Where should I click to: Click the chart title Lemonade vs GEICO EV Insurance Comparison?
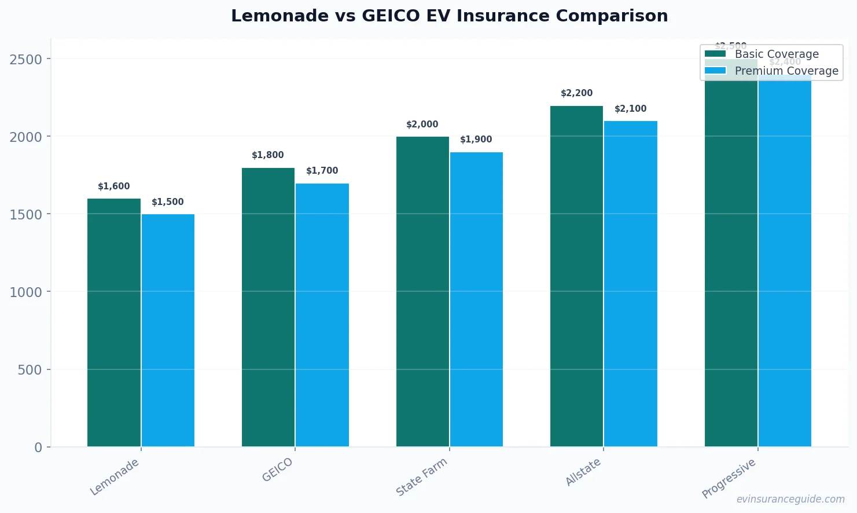449,16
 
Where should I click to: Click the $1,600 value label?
114,186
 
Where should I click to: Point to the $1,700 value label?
322,171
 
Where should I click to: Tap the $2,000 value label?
422,124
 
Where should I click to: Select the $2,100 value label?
630,109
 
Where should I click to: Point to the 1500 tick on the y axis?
26,214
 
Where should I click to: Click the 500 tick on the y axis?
30,369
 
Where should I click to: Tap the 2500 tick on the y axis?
26,59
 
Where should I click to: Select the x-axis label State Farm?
422,477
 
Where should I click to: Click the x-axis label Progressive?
729,478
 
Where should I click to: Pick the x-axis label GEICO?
277,470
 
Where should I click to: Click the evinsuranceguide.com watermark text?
790,499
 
